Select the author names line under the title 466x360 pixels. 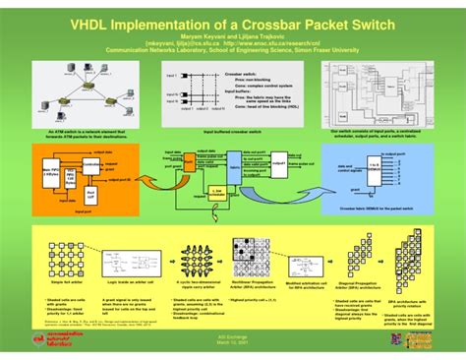pyautogui.click(x=232, y=37)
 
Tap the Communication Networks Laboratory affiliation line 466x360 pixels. pyautogui.click(x=232, y=53)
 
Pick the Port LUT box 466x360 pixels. pyautogui.click(x=90, y=197)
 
